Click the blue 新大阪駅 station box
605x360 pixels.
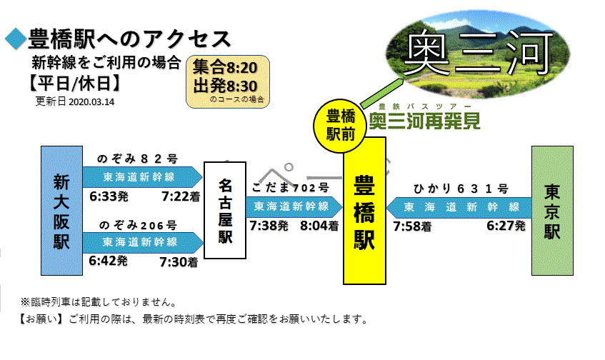click(61, 210)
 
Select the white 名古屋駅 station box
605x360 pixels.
click(225, 210)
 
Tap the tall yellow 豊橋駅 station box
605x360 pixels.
click(364, 211)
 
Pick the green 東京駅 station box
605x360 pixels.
click(552, 210)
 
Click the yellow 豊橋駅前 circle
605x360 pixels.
click(339, 126)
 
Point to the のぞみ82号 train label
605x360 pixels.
click(137, 159)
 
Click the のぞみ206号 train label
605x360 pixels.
click(138, 225)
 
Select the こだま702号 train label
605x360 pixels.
click(290, 188)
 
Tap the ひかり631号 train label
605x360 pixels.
click(461, 189)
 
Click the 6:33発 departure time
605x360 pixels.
click(109, 196)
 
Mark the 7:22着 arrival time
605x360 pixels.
click(181, 196)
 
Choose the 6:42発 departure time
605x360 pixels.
click(108, 261)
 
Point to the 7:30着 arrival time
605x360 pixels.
click(179, 262)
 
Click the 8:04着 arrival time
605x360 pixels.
click(319, 226)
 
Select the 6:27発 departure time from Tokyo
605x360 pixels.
click(506, 226)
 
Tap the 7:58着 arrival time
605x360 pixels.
click(412, 226)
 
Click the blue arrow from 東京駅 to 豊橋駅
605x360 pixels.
click(459, 207)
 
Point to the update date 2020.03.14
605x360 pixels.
click(91, 102)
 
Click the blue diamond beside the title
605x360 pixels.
click(16, 39)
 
